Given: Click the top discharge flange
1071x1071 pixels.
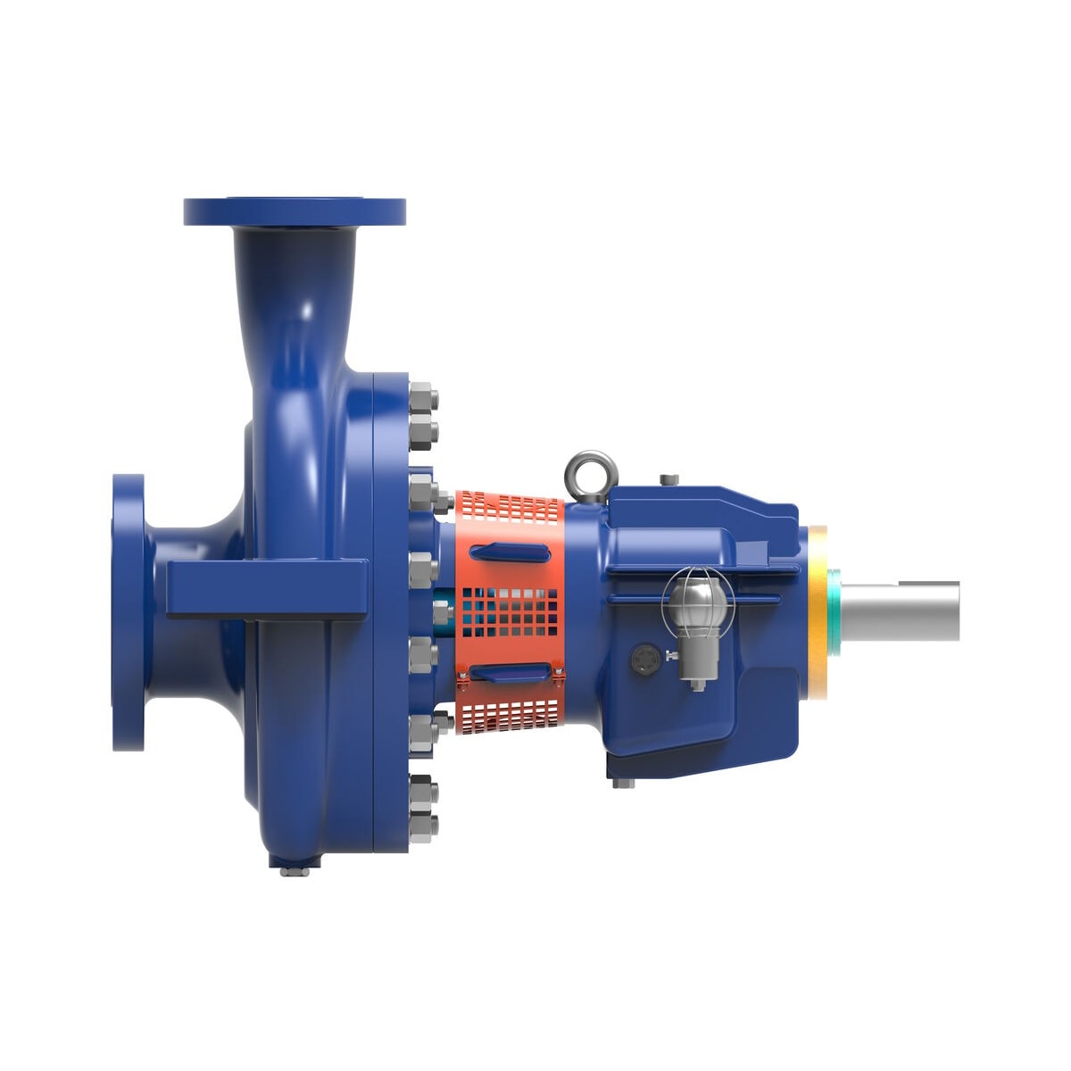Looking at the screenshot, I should point(295,212).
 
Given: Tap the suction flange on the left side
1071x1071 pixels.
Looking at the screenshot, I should point(128,612).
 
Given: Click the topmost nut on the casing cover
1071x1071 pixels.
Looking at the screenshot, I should point(422,394).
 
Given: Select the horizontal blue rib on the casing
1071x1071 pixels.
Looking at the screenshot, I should point(266,589).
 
